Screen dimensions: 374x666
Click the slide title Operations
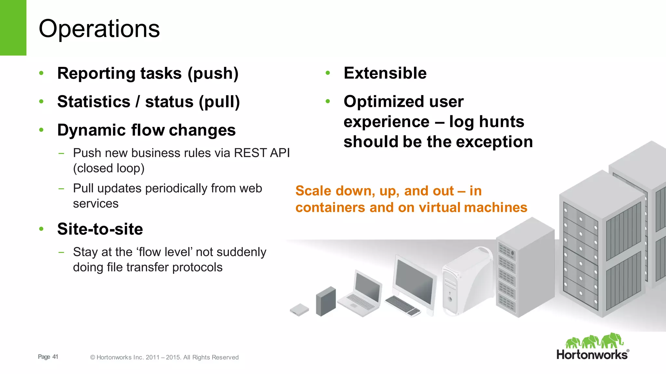pyautogui.click(x=99, y=29)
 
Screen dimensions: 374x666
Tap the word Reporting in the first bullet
pyautogui.click(x=96, y=73)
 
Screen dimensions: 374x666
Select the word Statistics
pyautogui.click(x=94, y=102)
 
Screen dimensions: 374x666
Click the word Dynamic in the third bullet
pyautogui.click(x=91, y=130)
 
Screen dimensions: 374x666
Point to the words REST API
pyautogui.click(x=261, y=153)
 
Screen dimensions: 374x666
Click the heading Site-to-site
pyautogui.click(x=100, y=229)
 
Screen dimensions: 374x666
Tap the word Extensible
pyautogui.click(x=385, y=73)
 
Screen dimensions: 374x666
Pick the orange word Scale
pyautogui.click(x=313, y=191)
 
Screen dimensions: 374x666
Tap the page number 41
pyautogui.click(x=55, y=357)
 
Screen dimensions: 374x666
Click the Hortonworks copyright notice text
pyautogui.click(x=164, y=357)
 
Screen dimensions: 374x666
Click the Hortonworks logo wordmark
pyautogui.click(x=592, y=355)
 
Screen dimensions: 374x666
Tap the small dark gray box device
pyautogui.click(x=326, y=301)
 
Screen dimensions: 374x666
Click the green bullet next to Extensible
pyautogui.click(x=328, y=73)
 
